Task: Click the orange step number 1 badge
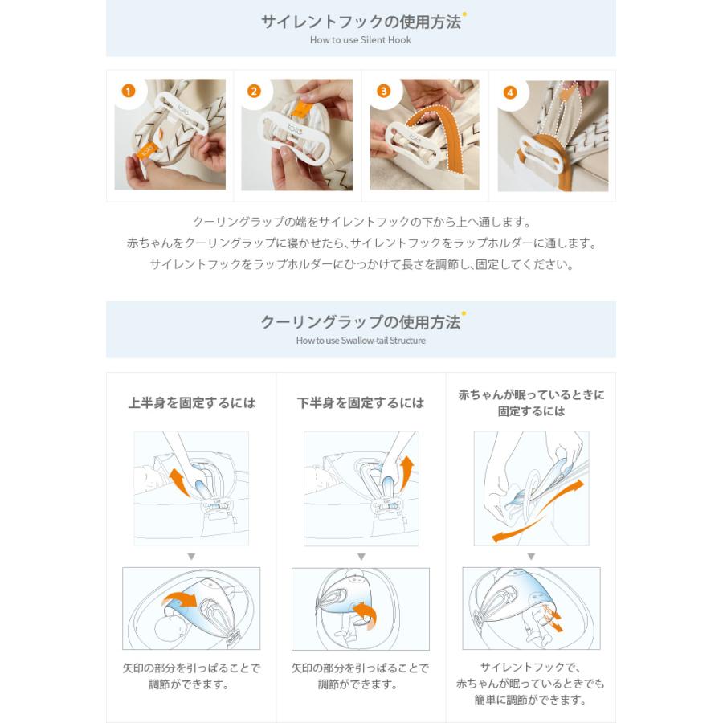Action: tap(128, 91)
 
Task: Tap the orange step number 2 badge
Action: tap(254, 91)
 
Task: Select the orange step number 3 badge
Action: tap(383, 91)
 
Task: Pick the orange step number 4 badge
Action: tap(509, 92)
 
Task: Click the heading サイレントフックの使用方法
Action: tap(361, 22)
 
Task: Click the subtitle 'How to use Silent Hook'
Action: tap(361, 40)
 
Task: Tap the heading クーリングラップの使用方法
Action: tap(361, 322)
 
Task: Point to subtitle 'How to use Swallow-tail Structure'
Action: tap(361, 341)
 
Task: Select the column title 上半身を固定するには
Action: tap(191, 402)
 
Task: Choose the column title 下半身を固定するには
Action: tap(361, 402)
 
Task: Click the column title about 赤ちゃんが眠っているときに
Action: tap(531, 402)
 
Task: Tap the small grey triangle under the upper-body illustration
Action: tap(191, 557)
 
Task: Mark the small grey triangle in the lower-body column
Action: tap(361, 557)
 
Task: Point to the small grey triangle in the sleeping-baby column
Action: tap(531, 557)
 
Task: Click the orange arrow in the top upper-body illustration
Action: tap(178, 480)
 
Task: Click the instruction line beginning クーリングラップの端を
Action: tap(361, 222)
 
